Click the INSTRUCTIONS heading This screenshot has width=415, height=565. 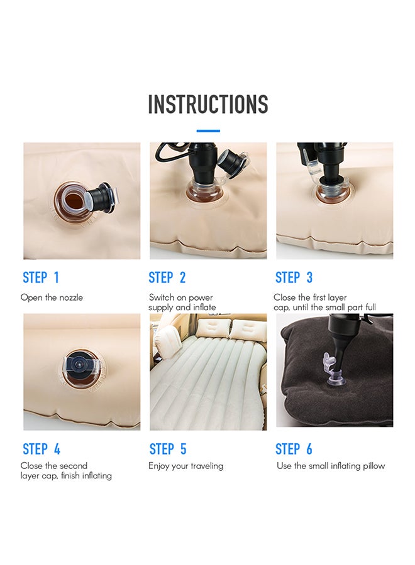(x=208, y=104)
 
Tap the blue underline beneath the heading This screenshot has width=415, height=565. (x=208, y=131)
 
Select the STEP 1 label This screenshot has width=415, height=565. (x=41, y=277)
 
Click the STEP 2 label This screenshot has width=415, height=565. (x=167, y=277)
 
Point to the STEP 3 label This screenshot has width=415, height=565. (x=294, y=277)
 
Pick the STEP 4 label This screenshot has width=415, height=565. (x=41, y=449)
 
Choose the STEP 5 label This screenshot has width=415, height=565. (x=168, y=449)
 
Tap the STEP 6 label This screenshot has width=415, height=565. (x=294, y=449)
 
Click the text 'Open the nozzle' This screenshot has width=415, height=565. (x=52, y=298)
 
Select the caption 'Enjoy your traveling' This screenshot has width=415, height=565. (x=186, y=466)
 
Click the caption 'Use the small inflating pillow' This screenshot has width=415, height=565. (x=331, y=466)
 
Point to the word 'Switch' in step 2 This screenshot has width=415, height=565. (x=160, y=298)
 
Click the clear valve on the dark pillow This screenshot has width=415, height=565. (x=333, y=370)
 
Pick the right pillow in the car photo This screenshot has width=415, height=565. (x=246, y=329)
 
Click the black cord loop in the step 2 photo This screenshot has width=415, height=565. (x=170, y=153)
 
